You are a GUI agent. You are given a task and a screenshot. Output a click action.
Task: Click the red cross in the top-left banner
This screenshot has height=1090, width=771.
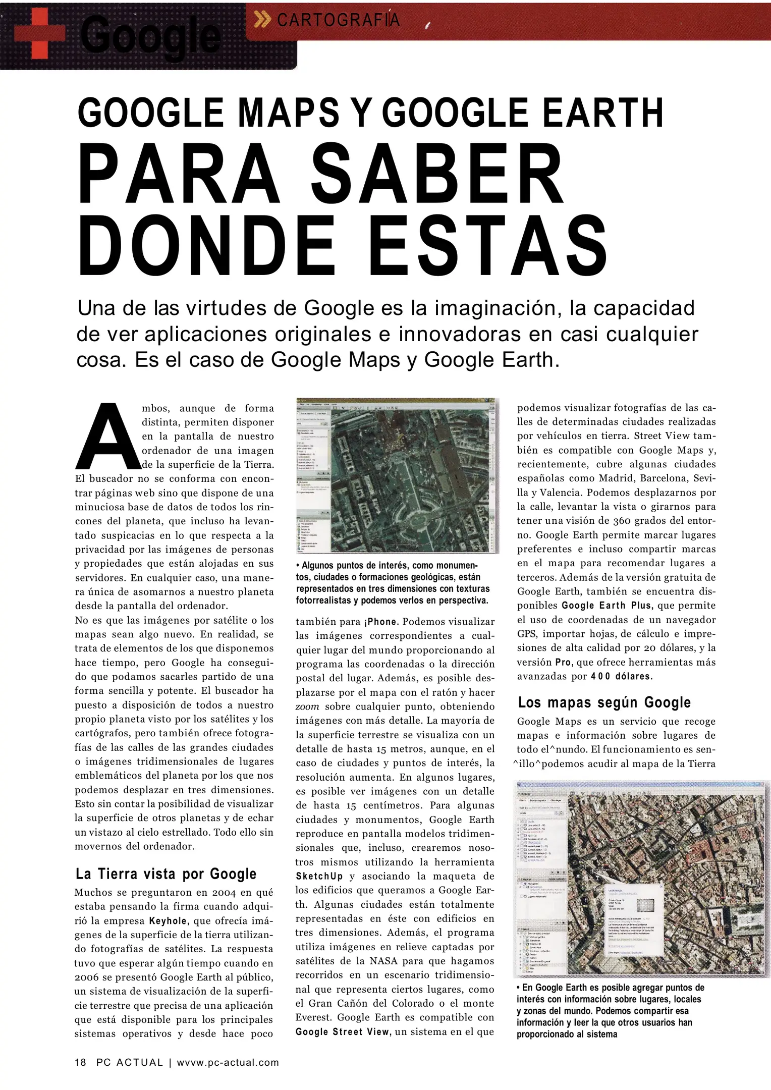(39, 34)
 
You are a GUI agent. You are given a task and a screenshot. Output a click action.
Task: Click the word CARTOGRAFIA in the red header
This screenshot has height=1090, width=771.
(338, 20)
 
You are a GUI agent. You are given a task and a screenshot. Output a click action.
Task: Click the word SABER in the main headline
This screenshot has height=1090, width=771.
(436, 174)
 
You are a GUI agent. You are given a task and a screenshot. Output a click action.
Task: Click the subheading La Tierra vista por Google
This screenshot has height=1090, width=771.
(166, 874)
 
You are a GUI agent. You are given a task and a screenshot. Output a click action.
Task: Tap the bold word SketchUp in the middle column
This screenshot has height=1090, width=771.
(319, 877)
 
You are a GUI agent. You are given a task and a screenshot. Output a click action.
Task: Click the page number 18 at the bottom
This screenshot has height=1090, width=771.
(81, 1062)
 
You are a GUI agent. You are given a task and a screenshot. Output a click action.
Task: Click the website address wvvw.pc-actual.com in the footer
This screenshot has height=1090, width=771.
(228, 1062)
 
